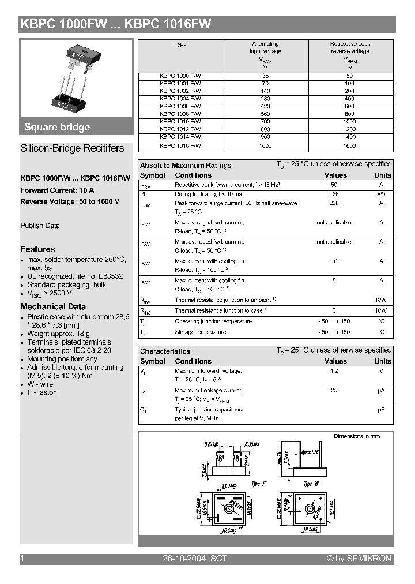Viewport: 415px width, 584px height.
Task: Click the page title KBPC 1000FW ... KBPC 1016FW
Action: tap(116, 24)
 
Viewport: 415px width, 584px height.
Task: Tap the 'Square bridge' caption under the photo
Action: tap(57, 128)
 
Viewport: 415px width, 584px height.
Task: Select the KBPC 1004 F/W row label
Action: tap(180, 99)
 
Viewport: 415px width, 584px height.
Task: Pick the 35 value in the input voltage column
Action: tap(265, 76)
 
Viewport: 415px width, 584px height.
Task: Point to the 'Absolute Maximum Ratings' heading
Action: tap(186, 165)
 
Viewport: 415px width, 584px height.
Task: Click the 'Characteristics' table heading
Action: tap(165, 351)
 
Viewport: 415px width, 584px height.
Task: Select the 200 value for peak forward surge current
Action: tap(334, 204)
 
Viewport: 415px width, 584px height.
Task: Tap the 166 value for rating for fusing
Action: tap(334, 194)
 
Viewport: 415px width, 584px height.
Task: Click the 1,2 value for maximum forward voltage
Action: tap(334, 371)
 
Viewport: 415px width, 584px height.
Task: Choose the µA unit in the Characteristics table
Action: tap(381, 391)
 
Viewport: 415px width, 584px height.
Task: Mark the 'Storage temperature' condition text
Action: tap(200, 332)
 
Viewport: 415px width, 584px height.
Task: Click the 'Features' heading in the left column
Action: tap(38, 249)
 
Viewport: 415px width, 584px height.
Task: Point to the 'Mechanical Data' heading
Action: tap(53, 306)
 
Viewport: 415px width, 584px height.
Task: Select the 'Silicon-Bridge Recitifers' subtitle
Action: tap(72, 148)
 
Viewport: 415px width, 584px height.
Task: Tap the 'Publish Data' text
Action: tap(40, 226)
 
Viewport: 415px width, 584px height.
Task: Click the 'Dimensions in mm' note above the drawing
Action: tap(357, 436)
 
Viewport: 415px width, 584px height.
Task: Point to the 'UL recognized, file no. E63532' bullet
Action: tap(75, 276)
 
